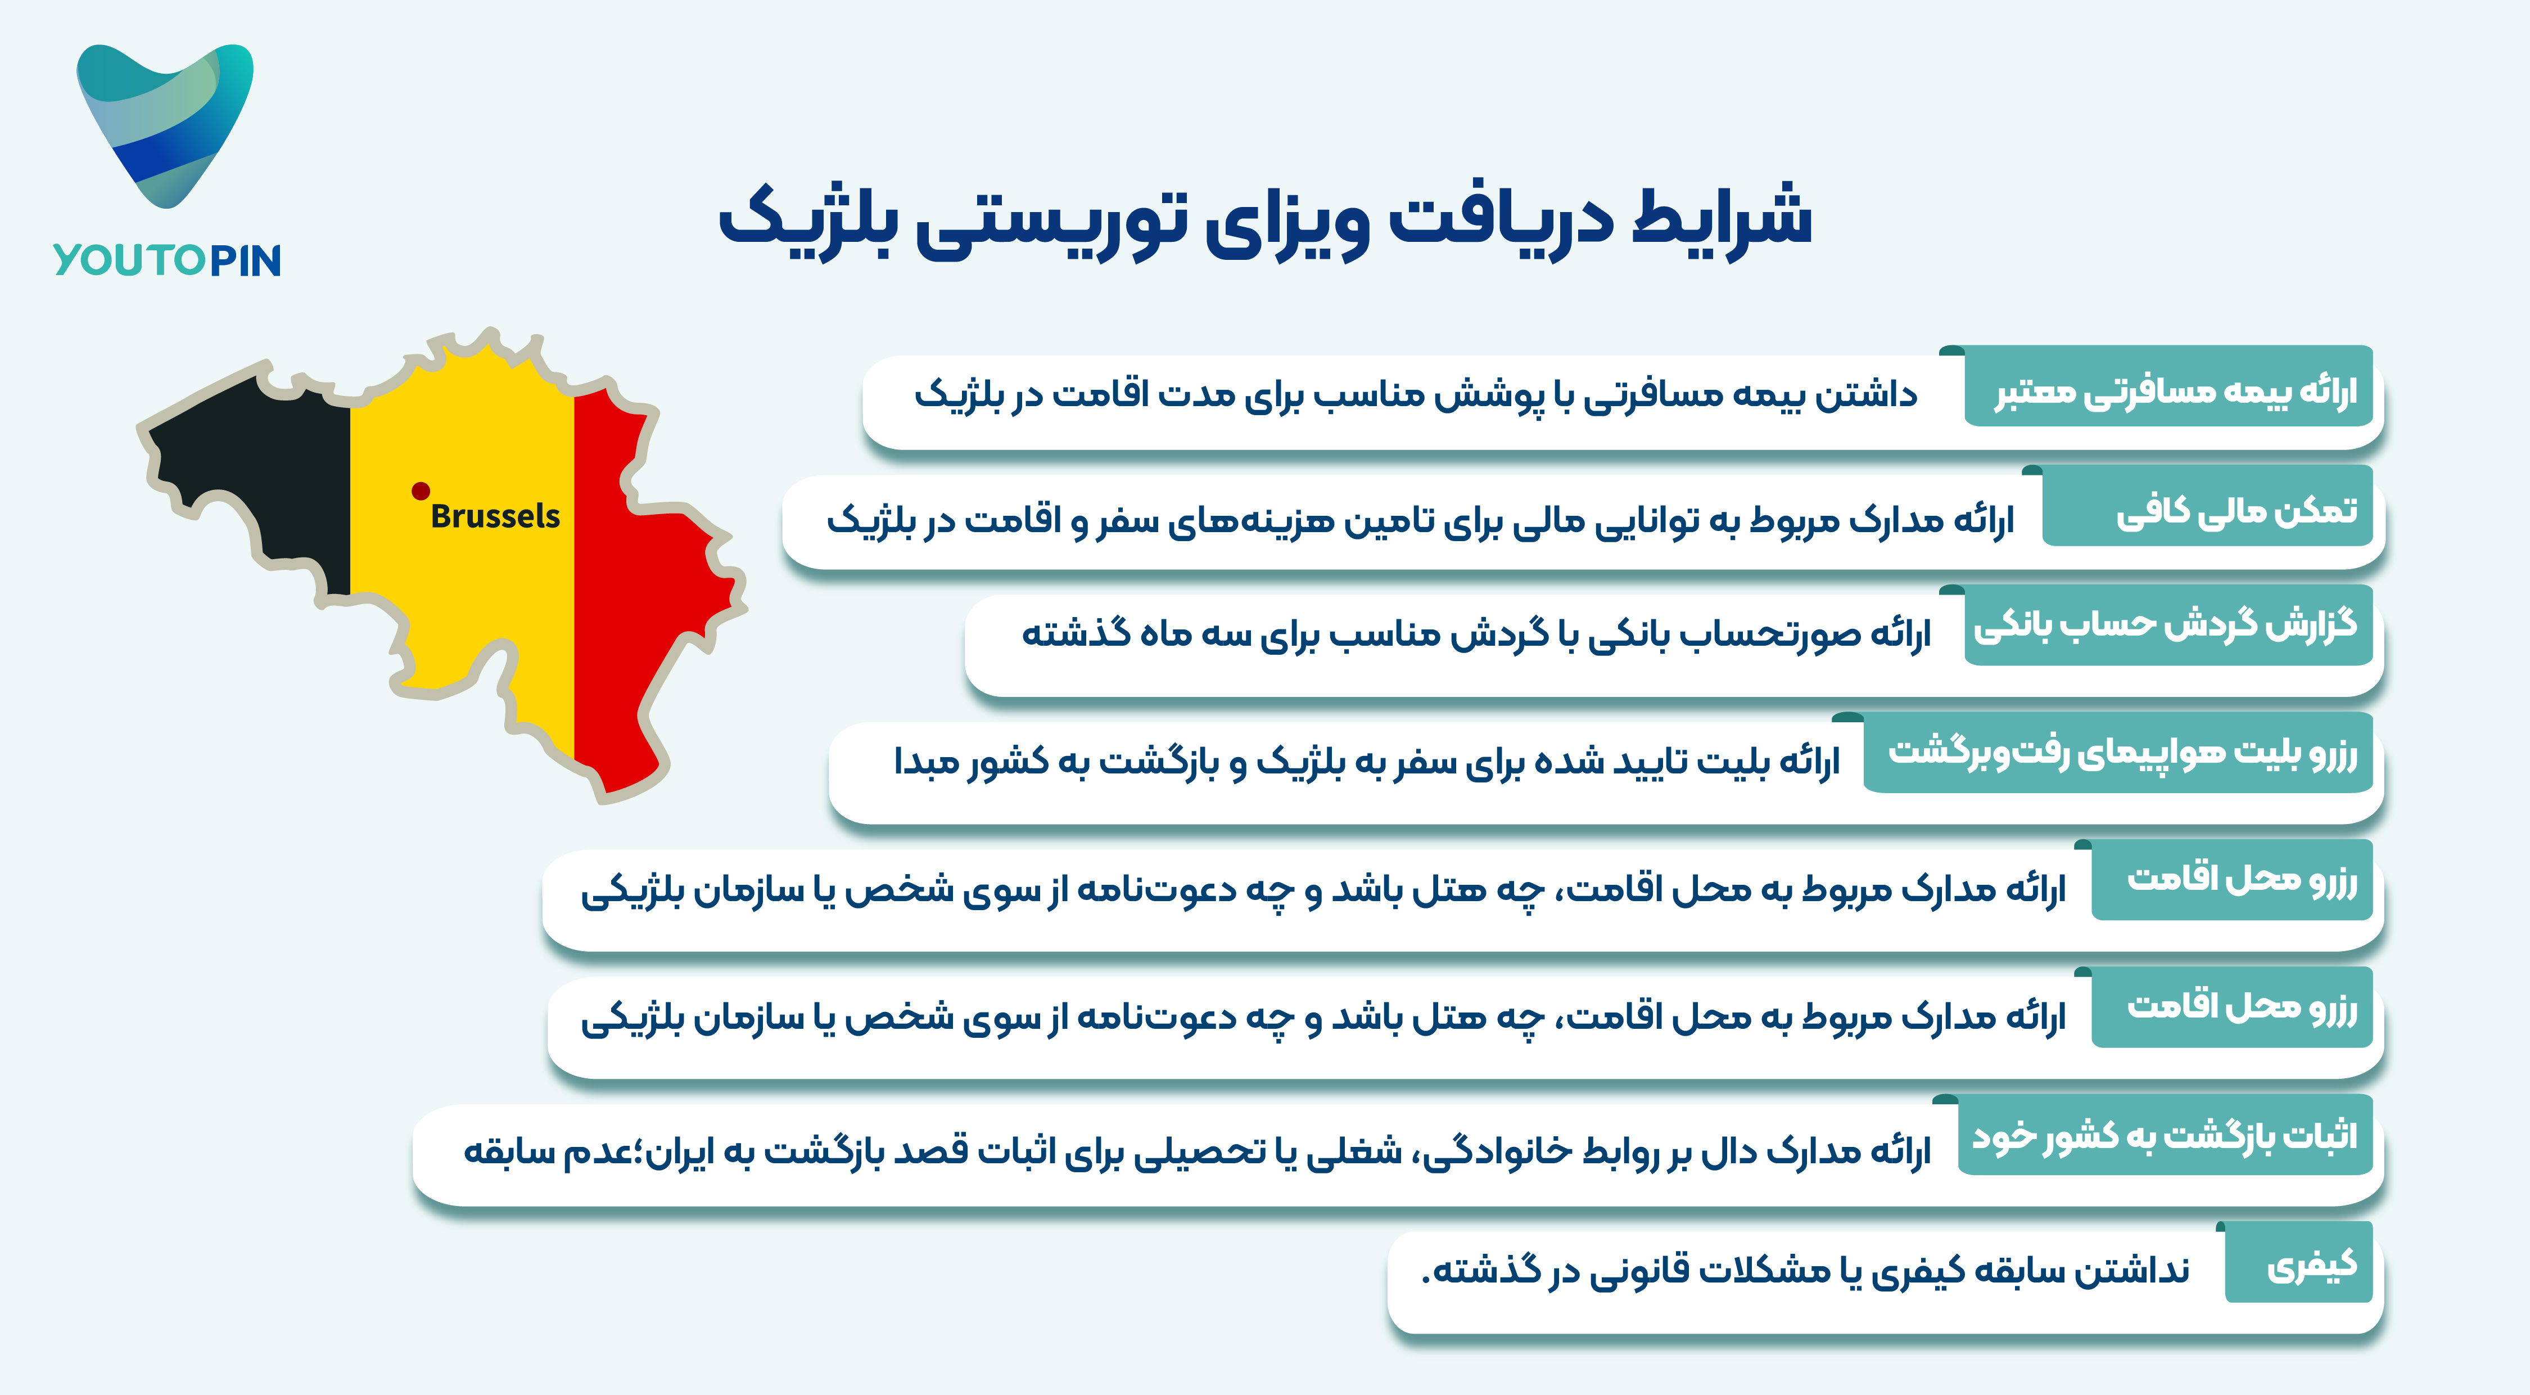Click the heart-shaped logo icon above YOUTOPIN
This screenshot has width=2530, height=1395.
tap(165, 123)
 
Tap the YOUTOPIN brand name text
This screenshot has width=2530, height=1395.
tap(167, 260)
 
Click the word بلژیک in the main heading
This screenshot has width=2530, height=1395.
tap(805, 221)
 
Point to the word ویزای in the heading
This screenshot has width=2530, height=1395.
tap(1286, 224)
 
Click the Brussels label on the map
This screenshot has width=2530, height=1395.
tap(495, 516)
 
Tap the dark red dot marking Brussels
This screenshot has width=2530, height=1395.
tap(421, 490)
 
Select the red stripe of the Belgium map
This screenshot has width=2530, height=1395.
tap(648, 589)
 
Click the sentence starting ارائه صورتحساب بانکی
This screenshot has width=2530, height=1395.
tap(1476, 633)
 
